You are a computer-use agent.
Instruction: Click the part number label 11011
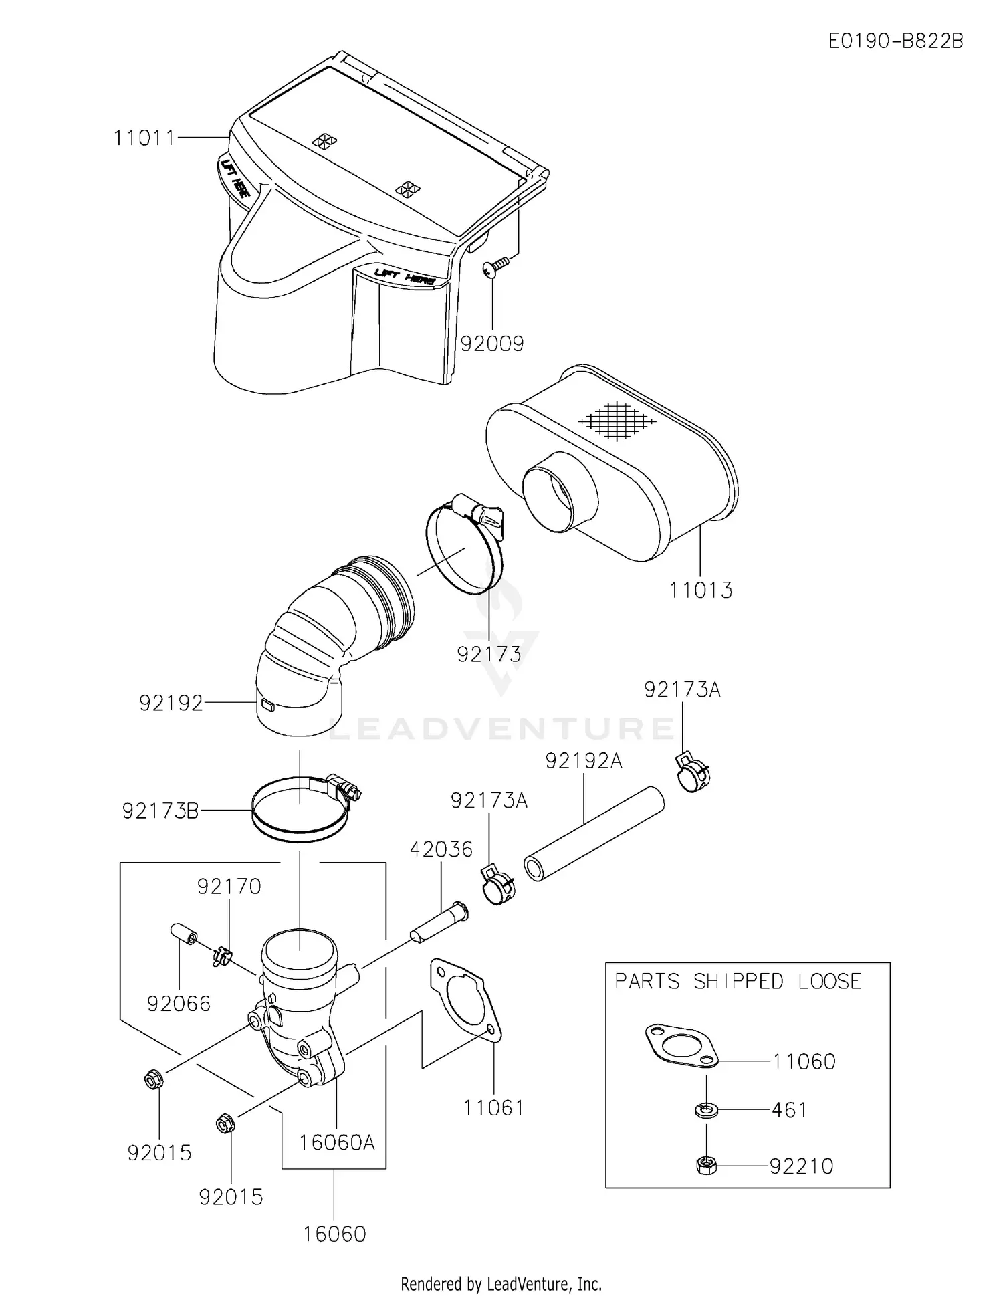click(x=144, y=138)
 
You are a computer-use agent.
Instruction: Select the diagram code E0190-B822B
click(x=895, y=41)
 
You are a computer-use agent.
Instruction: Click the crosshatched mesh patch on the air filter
click(x=617, y=421)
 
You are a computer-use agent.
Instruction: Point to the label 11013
click(x=701, y=590)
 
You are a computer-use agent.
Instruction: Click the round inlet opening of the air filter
click(x=560, y=492)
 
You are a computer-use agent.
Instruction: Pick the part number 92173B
click(x=160, y=811)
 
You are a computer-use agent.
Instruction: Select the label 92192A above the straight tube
click(x=583, y=761)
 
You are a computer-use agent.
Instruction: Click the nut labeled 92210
click(x=706, y=1166)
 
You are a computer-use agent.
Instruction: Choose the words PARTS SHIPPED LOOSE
click(x=738, y=982)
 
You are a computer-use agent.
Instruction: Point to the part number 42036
click(x=441, y=849)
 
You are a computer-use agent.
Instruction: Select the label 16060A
click(x=336, y=1143)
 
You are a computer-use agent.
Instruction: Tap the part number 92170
click(x=229, y=887)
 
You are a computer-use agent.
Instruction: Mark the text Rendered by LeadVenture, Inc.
click(x=501, y=1284)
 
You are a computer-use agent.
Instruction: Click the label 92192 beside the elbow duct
click(x=171, y=704)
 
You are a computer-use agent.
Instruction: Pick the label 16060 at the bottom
click(x=334, y=1234)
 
